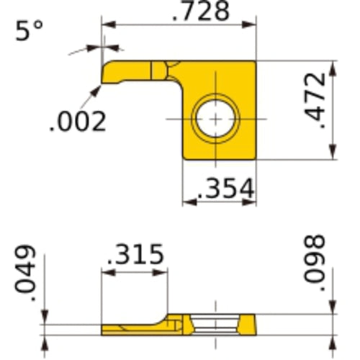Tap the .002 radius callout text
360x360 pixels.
coord(77,120)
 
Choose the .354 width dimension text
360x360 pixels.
coord(219,189)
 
